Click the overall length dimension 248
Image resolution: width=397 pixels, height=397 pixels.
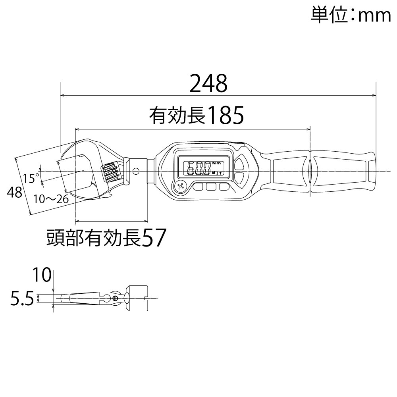coord(208,84)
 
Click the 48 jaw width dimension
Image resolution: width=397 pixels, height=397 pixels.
coord(14,193)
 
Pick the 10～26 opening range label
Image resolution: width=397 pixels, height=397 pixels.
coord(51,199)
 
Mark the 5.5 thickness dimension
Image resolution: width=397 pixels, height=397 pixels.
coord(22,299)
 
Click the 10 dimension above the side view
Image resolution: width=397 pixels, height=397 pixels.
coord(42,275)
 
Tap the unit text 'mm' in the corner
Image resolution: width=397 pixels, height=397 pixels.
coord(375,16)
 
